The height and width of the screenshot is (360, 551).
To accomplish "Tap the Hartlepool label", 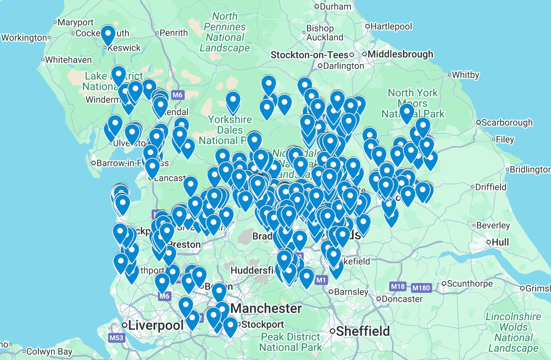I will pos(391,26).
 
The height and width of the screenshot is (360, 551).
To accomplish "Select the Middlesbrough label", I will pos(400,54).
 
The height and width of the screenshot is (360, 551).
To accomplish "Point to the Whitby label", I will pos(465,75).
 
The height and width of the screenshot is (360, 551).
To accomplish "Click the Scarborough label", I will pos(507,122).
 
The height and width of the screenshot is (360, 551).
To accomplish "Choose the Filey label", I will pos(505,139).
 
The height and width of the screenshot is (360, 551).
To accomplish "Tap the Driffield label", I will pos(491,187).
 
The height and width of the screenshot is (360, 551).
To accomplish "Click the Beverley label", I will pos(493,225).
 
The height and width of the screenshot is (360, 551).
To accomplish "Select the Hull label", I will pos(500,242).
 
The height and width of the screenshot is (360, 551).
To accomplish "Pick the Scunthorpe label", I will pos(470,283).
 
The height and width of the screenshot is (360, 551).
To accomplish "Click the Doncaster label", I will pos(402,299).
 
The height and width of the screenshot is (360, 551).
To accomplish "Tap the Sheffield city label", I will pos(363,331).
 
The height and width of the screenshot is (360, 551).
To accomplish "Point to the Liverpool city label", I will pos(156,325).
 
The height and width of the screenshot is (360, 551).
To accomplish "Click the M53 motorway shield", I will pos(116,338).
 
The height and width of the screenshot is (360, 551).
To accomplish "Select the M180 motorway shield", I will pos(421,288).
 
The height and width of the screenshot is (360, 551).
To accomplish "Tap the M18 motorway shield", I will pos(398,287).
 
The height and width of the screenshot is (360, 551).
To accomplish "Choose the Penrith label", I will pos(173,33).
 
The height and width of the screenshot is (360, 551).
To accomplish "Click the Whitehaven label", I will pos(68,60).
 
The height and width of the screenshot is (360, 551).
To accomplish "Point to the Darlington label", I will pos(343,66).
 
